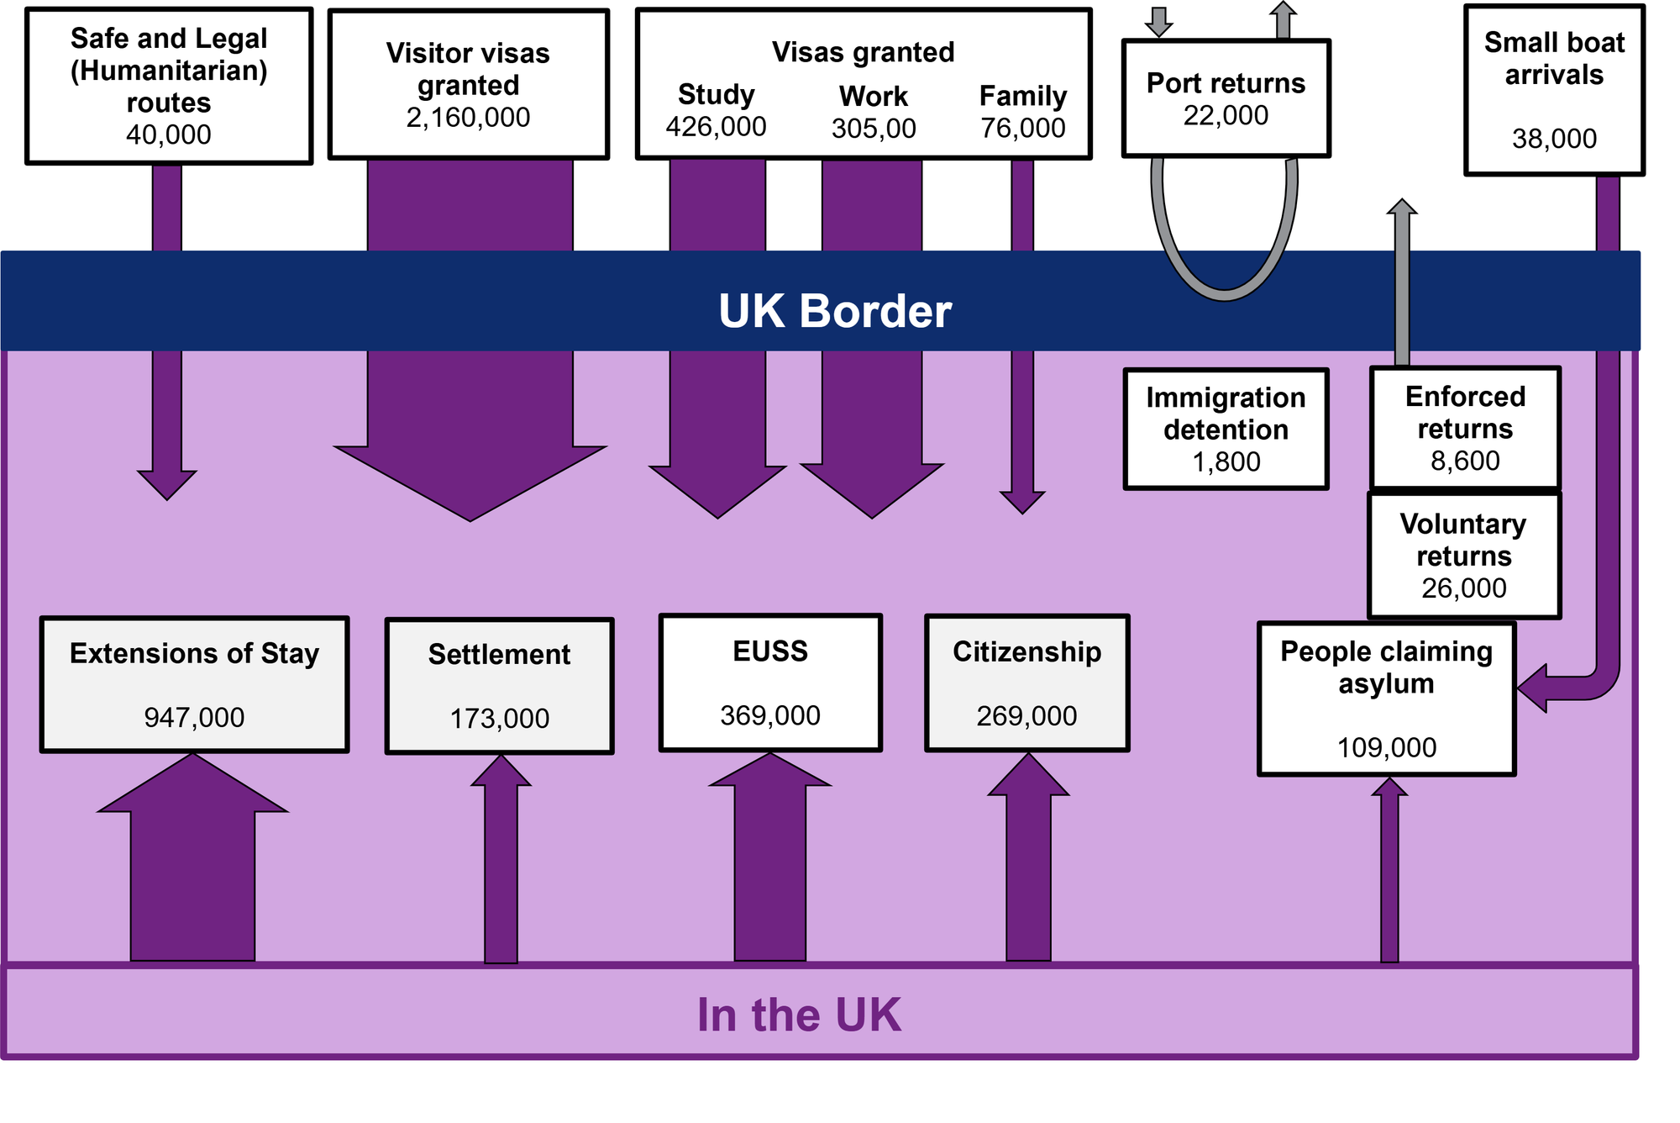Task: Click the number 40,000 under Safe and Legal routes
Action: tap(168, 134)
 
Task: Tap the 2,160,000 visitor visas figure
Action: tap(468, 118)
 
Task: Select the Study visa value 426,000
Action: tap(716, 127)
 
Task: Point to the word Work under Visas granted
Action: tap(873, 97)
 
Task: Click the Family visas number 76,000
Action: tap(1022, 128)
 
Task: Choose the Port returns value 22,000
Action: tap(1226, 115)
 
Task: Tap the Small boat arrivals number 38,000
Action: tap(1554, 139)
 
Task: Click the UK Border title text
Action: tap(835, 311)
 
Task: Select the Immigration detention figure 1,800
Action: tap(1226, 461)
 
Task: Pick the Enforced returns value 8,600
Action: tap(1465, 461)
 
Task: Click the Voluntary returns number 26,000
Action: tap(1463, 588)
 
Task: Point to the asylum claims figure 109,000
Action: tap(1386, 747)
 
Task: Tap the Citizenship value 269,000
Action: tap(1026, 716)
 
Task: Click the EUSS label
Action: tap(769, 651)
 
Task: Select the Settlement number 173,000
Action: tap(499, 719)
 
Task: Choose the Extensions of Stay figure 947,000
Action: tap(194, 718)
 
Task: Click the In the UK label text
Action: tap(799, 1015)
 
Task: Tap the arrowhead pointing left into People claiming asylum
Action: tap(1533, 688)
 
